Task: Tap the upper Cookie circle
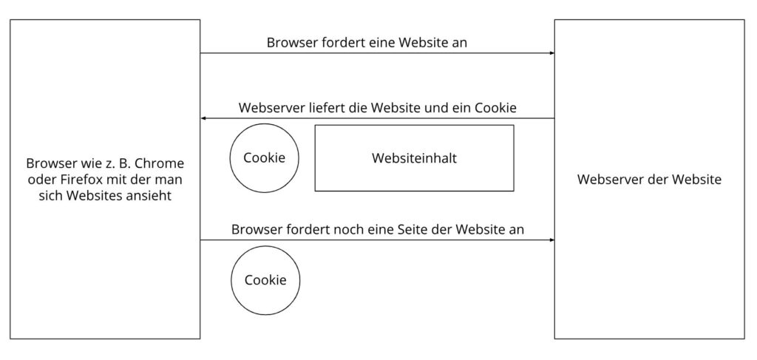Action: click(x=265, y=158)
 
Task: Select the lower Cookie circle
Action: click(x=265, y=281)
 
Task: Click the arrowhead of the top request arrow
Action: click(x=551, y=53)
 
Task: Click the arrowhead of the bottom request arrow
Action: click(x=551, y=240)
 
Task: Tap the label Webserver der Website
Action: click(x=649, y=180)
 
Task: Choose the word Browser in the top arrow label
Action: click(x=291, y=43)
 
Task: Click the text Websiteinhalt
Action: click(x=414, y=158)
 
